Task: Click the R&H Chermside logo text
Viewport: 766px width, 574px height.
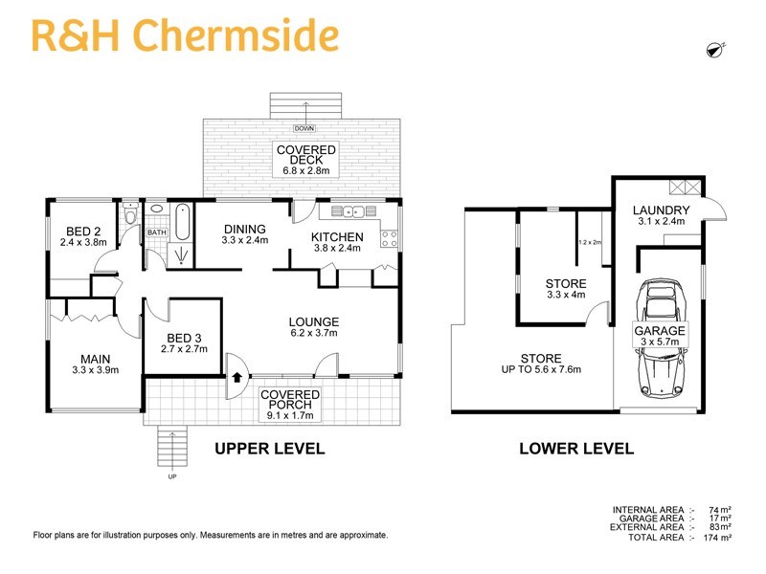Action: (185, 35)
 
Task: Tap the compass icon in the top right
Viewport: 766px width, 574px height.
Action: (713, 50)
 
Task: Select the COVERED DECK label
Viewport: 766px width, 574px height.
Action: (305, 150)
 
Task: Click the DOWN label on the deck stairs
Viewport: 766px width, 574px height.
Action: (305, 128)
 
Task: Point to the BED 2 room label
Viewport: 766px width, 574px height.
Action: (83, 232)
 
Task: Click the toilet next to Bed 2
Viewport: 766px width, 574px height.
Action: (131, 218)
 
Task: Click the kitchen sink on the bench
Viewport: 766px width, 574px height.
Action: (350, 212)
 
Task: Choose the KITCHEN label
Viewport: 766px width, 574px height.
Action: (338, 237)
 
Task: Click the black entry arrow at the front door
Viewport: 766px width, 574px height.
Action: (235, 378)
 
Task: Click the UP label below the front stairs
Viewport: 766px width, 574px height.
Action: (172, 475)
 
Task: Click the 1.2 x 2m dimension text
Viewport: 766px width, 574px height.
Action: (589, 242)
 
